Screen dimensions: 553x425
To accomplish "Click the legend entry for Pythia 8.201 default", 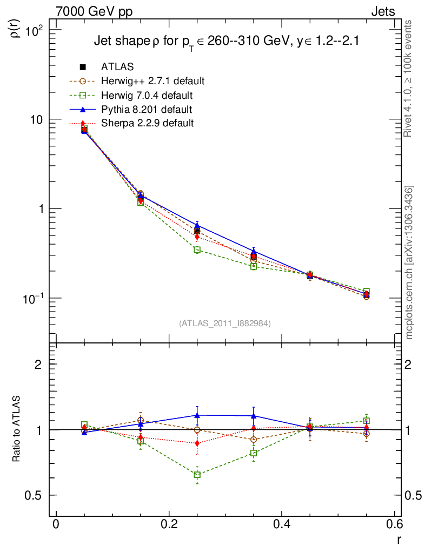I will click(x=146, y=110).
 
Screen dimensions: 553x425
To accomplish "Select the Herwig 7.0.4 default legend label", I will click(x=147, y=96).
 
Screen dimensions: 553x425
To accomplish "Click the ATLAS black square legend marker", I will click(x=83, y=68).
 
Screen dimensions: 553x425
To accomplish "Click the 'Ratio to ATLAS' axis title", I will click(x=17, y=429).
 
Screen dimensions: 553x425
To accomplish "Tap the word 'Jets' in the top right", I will click(x=382, y=11).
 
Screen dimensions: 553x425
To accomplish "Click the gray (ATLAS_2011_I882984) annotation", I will click(x=225, y=323).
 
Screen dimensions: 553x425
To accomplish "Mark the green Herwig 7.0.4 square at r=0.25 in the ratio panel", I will click(x=197, y=475).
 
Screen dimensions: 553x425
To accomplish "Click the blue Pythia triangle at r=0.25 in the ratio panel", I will click(x=197, y=415).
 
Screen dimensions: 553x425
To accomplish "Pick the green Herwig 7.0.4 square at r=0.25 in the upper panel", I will click(x=197, y=249).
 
